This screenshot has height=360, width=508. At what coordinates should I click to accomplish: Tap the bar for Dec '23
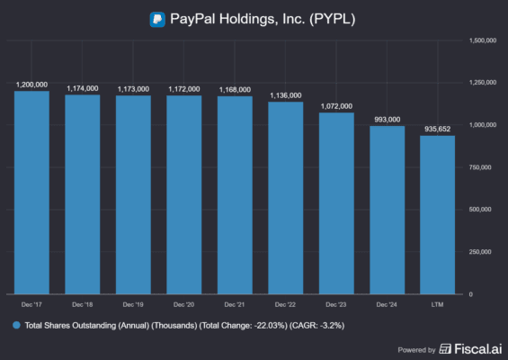pos(337,202)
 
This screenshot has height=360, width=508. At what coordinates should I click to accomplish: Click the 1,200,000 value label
pos(32,84)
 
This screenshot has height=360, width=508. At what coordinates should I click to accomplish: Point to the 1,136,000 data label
pos(286,94)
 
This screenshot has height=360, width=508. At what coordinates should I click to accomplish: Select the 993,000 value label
pos(388,119)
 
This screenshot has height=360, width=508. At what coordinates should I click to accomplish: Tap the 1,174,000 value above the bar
pos(83,88)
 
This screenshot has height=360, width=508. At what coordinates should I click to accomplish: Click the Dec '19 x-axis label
pos(134,304)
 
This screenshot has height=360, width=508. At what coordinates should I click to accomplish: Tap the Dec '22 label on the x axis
pos(286,304)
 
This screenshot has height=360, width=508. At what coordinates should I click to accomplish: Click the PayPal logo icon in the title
pos(157,17)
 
